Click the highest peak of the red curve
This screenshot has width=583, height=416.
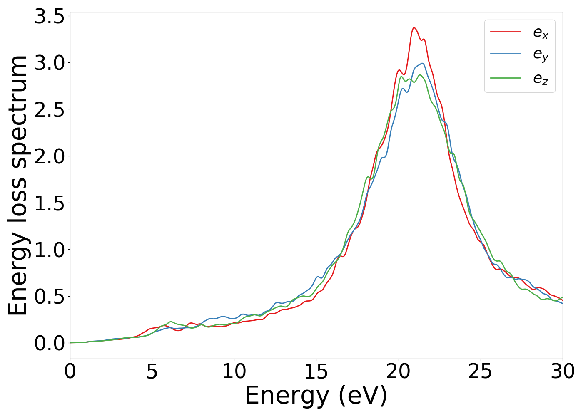414,28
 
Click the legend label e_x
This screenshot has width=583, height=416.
541,32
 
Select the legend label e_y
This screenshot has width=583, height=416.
541,55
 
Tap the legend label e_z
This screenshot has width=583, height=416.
541,79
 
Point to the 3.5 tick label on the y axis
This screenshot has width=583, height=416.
50,17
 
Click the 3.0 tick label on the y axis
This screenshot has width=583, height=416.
50,63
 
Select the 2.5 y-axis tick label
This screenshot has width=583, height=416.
50,110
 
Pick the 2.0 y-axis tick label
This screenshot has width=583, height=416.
50,156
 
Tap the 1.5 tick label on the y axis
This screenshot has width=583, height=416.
50,203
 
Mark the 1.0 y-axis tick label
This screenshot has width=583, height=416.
50,250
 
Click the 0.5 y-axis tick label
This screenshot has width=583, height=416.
50,297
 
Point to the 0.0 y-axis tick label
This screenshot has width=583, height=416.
50,343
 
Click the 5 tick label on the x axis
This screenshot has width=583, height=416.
152,371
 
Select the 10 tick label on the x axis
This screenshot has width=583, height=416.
234,371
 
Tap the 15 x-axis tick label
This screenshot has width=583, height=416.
316,371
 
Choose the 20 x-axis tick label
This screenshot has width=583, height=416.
399,371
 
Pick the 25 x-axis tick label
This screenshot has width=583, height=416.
481,371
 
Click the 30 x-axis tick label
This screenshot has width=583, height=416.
562,371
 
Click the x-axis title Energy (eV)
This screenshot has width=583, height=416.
316,396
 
